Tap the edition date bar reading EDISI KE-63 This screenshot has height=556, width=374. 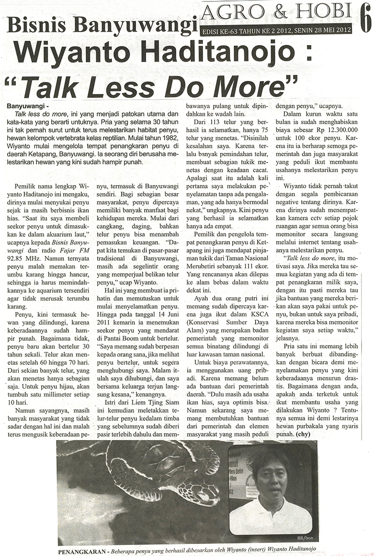275,29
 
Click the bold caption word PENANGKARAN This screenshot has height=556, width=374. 82,551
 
